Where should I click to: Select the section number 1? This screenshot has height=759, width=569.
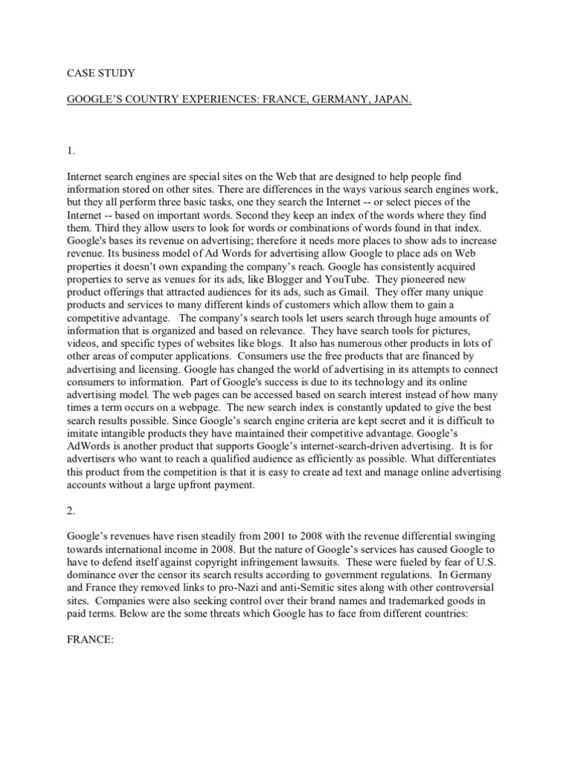click(x=70, y=151)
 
